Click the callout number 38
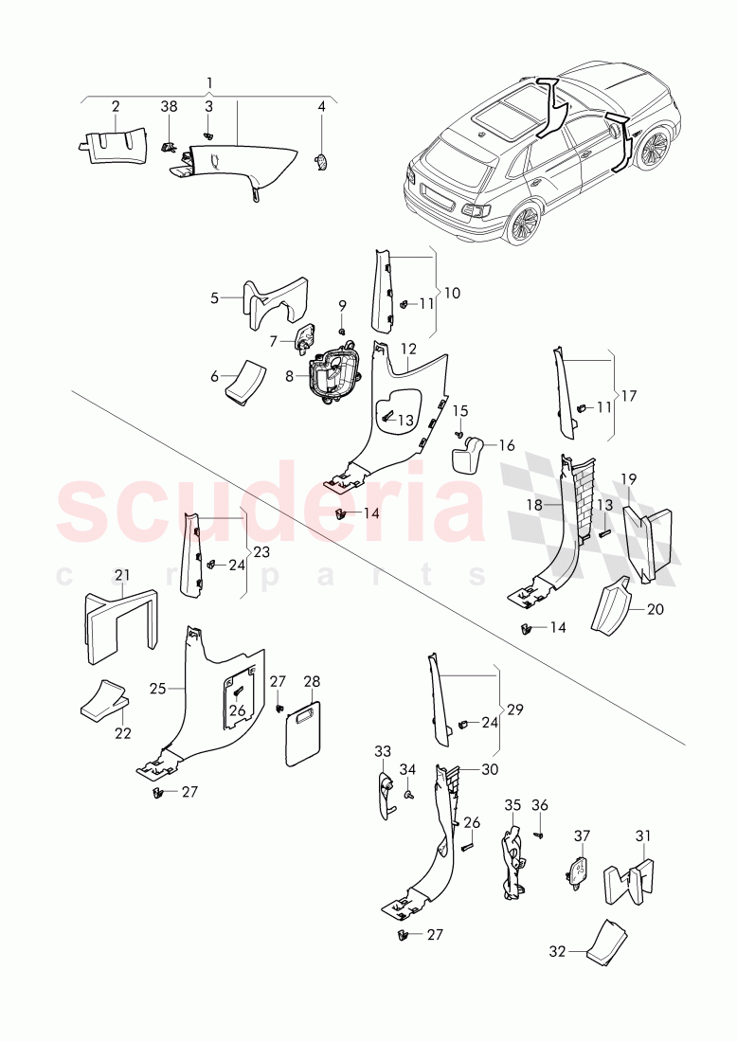click(x=169, y=108)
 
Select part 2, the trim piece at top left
click(x=113, y=144)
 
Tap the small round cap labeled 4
click(x=321, y=162)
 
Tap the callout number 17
click(x=627, y=395)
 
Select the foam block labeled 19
click(x=650, y=545)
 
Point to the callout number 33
click(x=382, y=752)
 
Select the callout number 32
click(x=557, y=950)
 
